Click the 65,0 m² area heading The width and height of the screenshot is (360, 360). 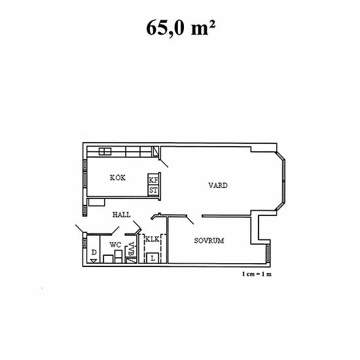tap(179, 29)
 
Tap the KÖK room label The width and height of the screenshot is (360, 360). tap(118, 177)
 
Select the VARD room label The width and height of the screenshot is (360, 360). tap(218, 185)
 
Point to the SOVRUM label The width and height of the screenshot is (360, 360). tap(209, 241)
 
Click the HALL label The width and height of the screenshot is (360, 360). tap(122, 214)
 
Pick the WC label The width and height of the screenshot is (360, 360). tap(115, 245)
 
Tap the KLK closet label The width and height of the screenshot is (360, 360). tap(152, 240)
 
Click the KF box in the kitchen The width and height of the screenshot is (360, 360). tap(153, 180)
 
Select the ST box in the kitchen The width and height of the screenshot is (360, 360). tap(153, 190)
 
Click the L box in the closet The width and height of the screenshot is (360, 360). tap(153, 257)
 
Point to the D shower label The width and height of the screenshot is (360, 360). tap(94, 251)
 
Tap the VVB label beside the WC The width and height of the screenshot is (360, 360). tap(132, 249)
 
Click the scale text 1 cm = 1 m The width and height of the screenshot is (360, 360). tap(256, 274)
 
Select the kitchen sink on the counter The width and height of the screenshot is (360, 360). tap(105, 152)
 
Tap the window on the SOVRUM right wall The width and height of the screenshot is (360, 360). tap(268, 253)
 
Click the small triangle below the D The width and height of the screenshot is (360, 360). tap(94, 260)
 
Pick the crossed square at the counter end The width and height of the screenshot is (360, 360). tap(156, 152)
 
